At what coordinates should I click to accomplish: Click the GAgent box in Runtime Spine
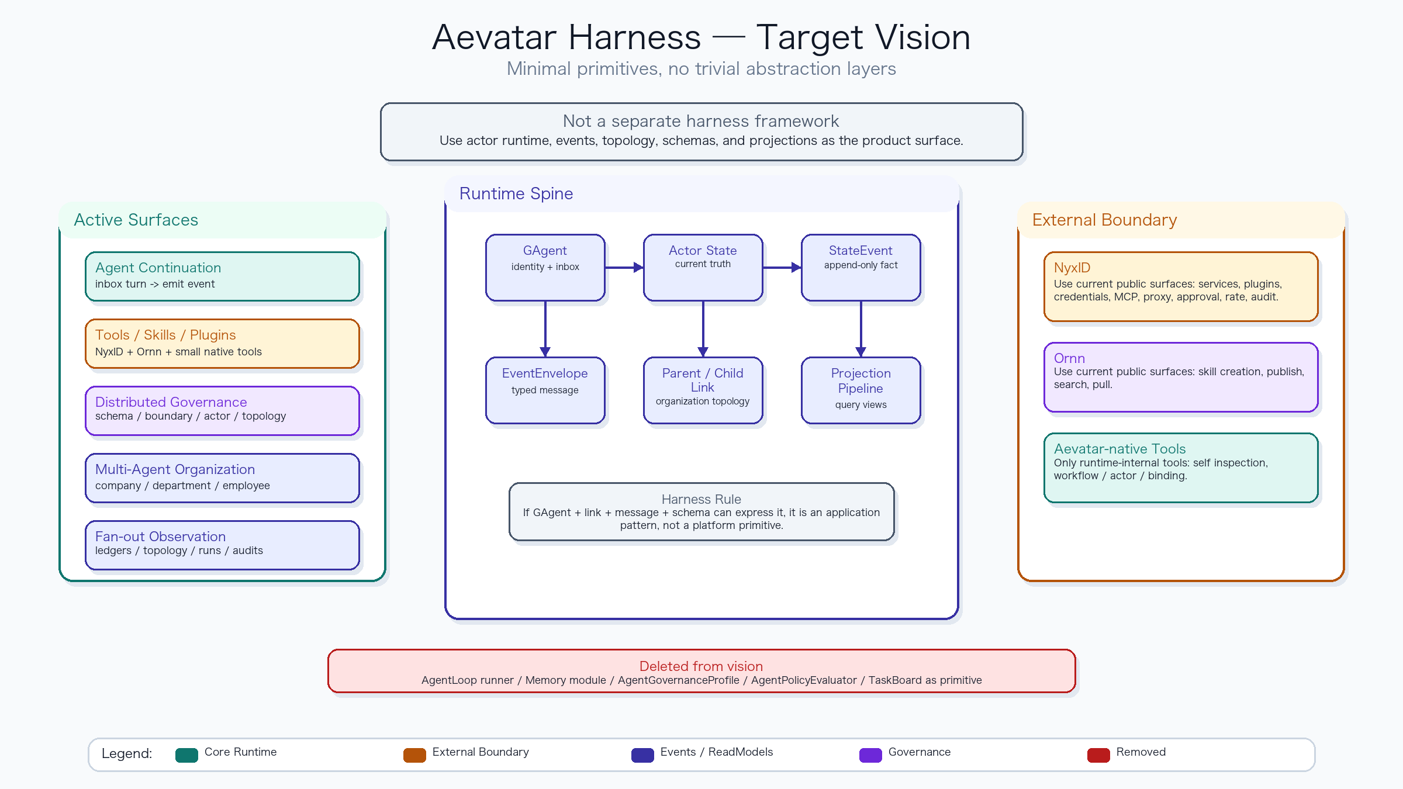tap(545, 268)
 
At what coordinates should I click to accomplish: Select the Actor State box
tap(703, 268)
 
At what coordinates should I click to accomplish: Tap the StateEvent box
tap(861, 268)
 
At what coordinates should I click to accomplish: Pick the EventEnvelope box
tap(545, 390)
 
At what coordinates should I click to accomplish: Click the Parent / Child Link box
tap(703, 390)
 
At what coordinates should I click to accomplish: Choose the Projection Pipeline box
tap(861, 390)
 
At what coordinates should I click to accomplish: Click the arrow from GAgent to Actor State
tap(624, 268)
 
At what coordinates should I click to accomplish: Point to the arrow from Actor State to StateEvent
tap(782, 268)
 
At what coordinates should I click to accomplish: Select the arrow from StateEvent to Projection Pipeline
tap(861, 329)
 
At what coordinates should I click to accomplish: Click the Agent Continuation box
tap(222, 276)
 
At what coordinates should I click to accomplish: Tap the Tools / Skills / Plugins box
tap(222, 344)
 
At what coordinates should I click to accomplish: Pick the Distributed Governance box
tap(222, 411)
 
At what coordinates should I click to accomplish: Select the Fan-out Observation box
tap(222, 545)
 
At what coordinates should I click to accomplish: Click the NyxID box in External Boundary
tap(1181, 286)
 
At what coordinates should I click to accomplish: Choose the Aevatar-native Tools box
tap(1181, 468)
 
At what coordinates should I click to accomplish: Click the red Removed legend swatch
tap(1098, 755)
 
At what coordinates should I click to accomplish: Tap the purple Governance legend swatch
tap(870, 755)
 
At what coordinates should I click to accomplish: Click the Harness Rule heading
tap(701, 499)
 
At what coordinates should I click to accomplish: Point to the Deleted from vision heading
tap(701, 666)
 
